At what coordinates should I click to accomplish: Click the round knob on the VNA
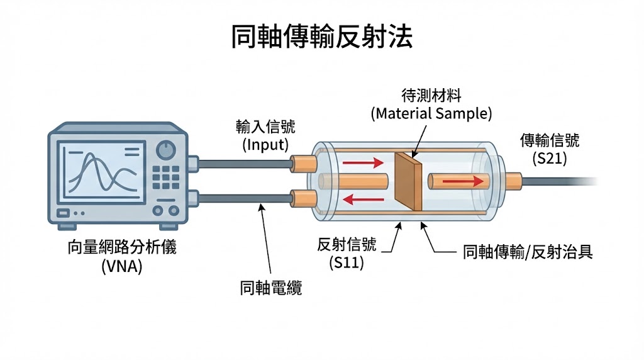click(x=165, y=150)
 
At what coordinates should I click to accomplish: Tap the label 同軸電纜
click(x=271, y=289)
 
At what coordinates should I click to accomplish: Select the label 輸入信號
click(x=265, y=127)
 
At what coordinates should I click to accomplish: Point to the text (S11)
click(x=347, y=264)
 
